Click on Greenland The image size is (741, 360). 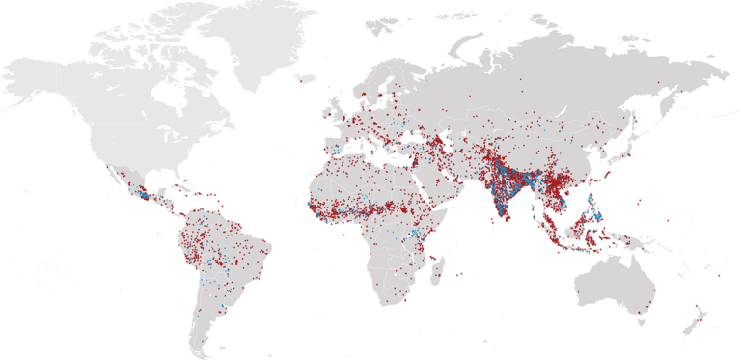(265, 39)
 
